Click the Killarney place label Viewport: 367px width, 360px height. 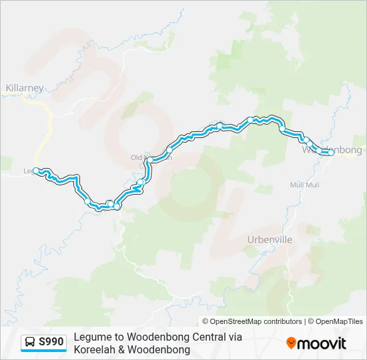(25, 88)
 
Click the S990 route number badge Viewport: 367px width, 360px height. (51, 343)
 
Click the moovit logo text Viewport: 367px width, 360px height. (322, 343)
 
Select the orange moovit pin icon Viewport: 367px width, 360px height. (291, 343)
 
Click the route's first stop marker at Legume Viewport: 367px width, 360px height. (35, 171)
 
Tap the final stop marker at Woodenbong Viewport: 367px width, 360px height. (330, 153)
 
